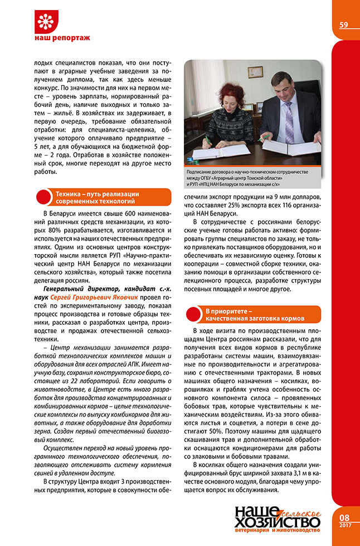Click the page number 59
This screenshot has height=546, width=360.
(x=344, y=24)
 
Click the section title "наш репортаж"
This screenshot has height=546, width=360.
(x=62, y=38)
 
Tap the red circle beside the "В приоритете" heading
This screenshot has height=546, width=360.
(x=193, y=315)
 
